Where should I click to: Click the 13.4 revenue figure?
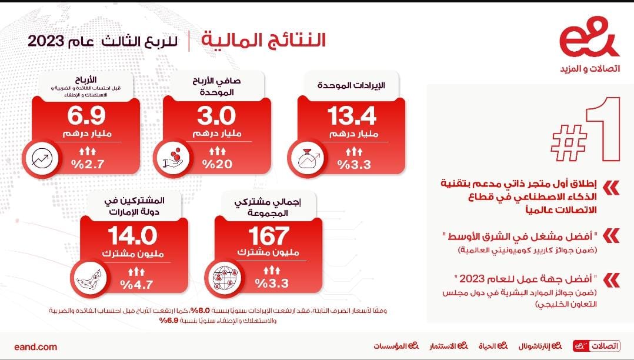coord(352,116)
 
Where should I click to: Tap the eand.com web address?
coord(35,346)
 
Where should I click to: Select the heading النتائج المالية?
coord(263,40)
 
